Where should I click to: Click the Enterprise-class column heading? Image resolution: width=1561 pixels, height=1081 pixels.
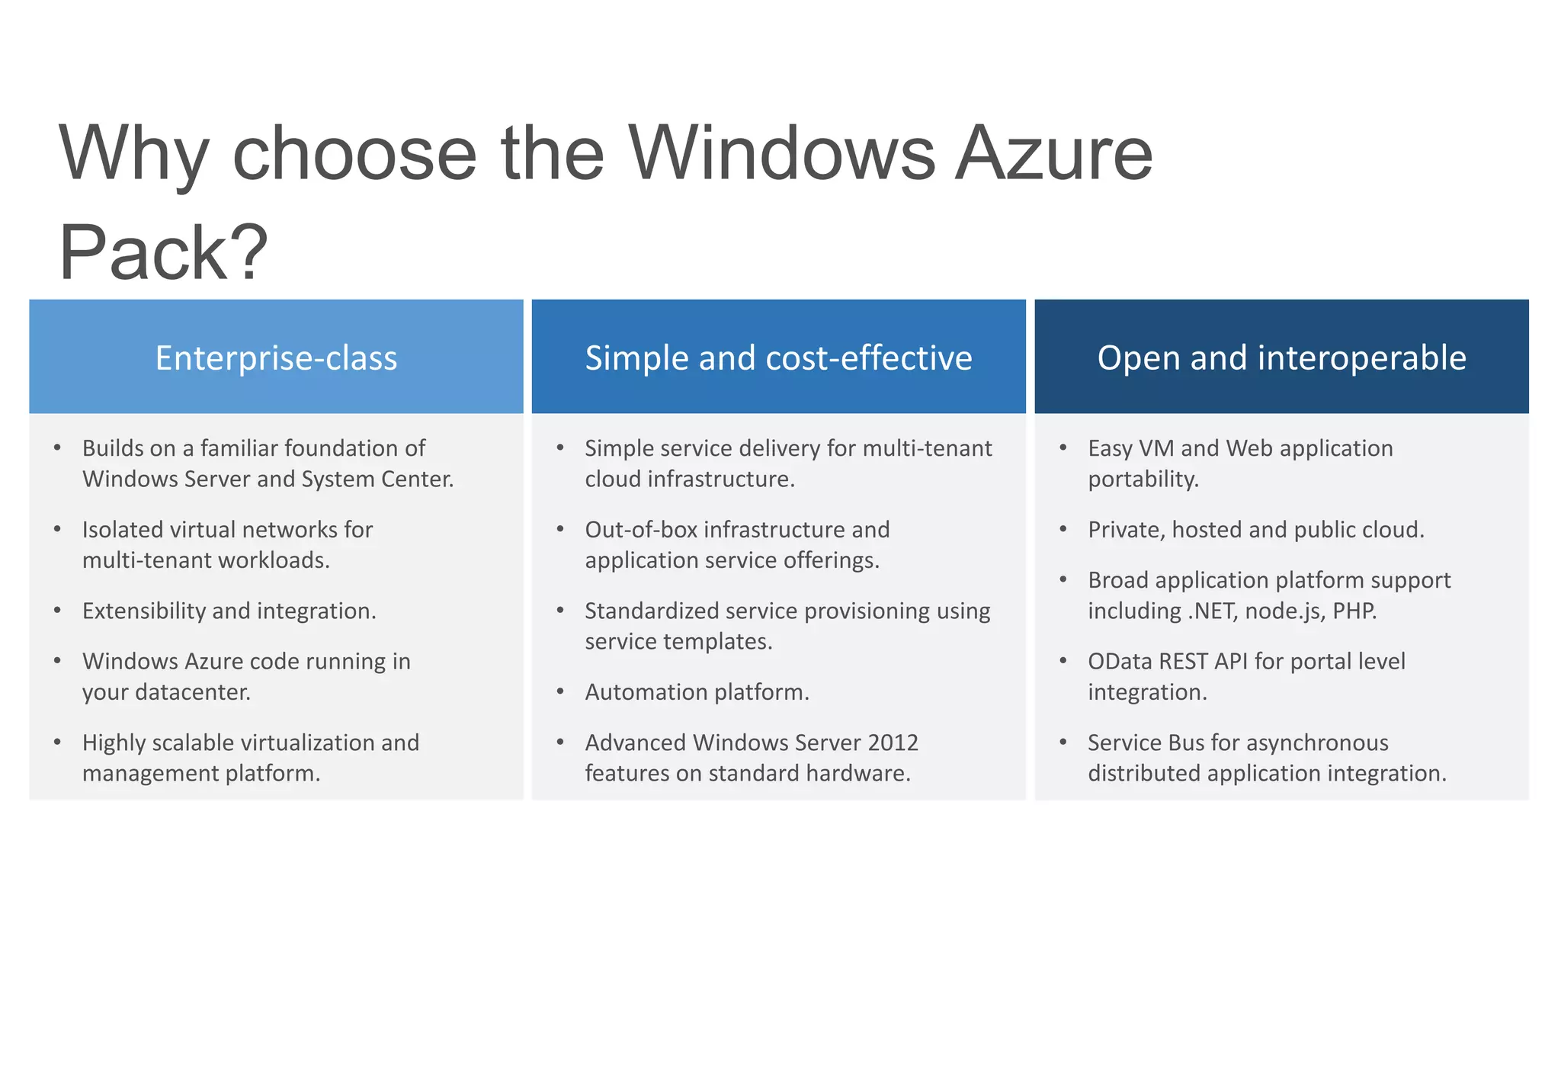click(276, 358)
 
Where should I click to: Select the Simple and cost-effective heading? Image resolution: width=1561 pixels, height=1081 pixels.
click(778, 358)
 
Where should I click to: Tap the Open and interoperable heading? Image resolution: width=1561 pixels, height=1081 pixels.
click(1281, 358)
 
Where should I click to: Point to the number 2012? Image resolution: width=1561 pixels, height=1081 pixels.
click(893, 743)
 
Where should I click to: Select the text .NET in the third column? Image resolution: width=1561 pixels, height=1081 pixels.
click(1212, 611)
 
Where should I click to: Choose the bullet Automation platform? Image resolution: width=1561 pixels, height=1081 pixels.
click(697, 692)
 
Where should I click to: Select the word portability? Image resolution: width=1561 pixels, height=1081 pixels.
click(1143, 479)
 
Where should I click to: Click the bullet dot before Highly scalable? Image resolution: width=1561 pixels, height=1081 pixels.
click(57, 742)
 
